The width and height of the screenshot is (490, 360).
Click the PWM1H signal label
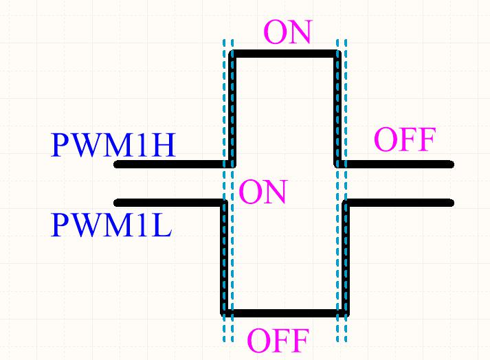pos(113,146)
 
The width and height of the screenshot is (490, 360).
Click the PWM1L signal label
pos(111,225)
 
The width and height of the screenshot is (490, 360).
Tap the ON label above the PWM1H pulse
pos(288,33)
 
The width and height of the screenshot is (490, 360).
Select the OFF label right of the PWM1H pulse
pos(404,140)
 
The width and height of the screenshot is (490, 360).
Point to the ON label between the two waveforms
pos(263,192)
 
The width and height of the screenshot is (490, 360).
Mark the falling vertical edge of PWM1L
pos(223,258)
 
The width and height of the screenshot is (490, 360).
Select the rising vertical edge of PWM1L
pos(346,258)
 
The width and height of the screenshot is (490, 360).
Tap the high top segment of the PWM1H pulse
pos(285,52)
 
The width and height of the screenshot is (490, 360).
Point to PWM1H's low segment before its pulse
pos(172,164)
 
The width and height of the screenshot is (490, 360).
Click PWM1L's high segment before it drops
pos(169,203)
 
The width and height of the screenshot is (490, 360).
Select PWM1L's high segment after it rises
pos(399,203)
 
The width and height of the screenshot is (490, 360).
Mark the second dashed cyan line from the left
pos(232,275)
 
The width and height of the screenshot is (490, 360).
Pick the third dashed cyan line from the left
pos(338,275)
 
